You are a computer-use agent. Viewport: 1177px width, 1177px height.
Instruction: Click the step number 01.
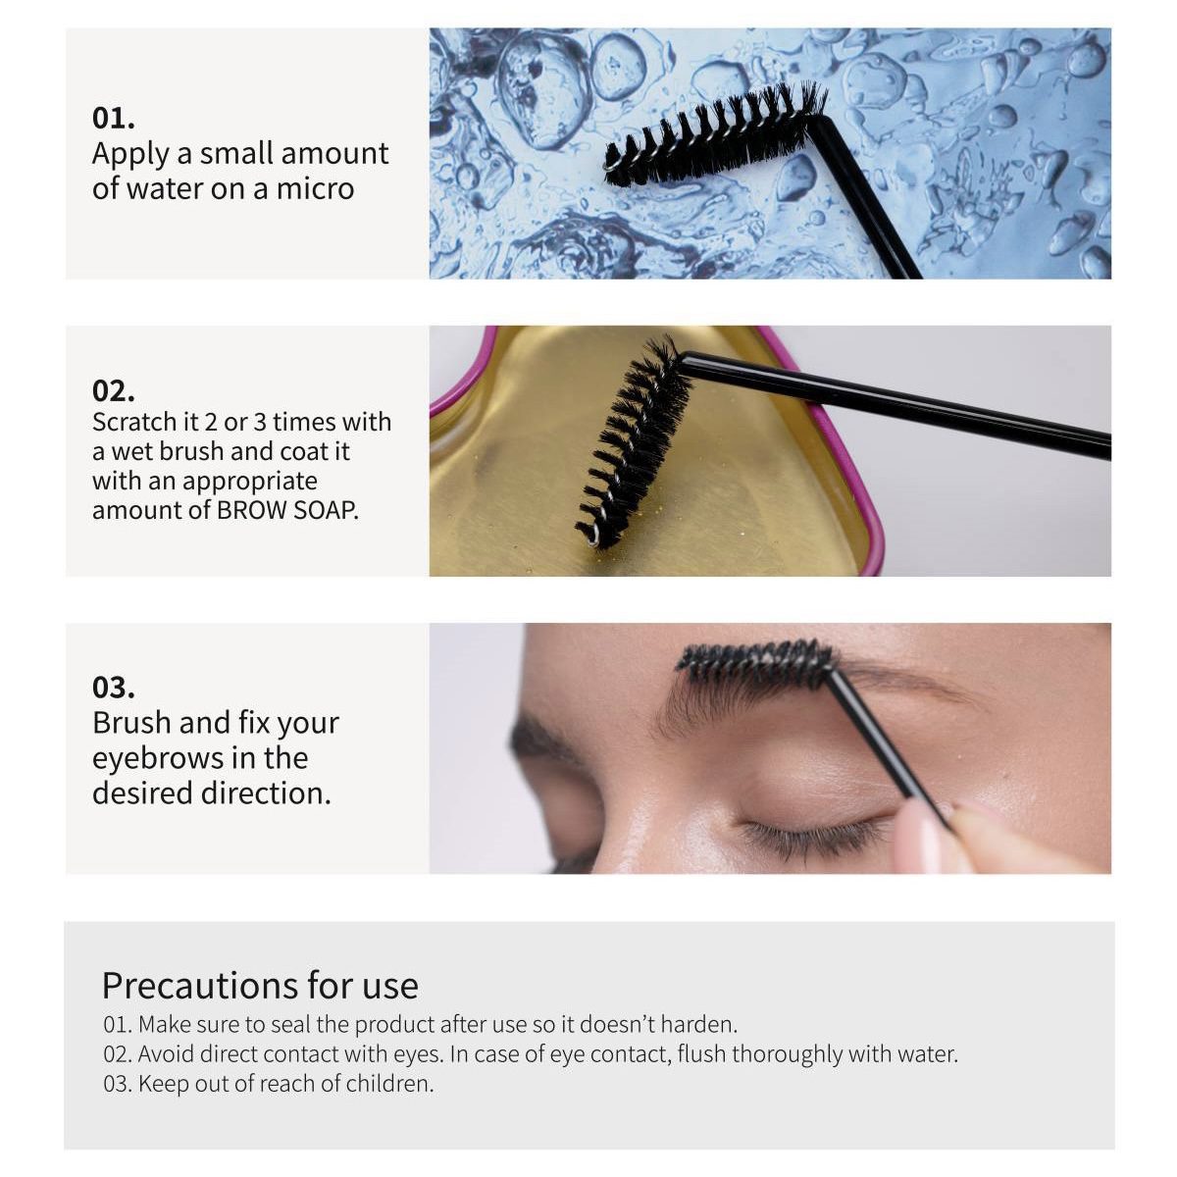114,118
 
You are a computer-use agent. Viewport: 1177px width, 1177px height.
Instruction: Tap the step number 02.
114,390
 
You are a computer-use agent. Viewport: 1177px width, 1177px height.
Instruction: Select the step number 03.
114,687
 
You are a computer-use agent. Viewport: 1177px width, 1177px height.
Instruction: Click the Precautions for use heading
260,985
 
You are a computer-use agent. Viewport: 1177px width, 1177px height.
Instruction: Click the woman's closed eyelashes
814,837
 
